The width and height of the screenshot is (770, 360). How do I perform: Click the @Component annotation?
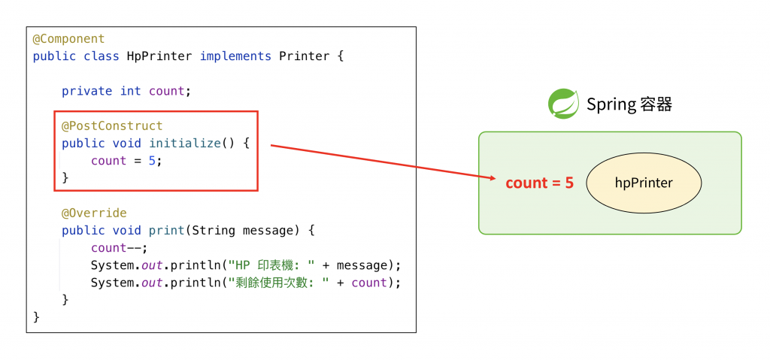[68, 39]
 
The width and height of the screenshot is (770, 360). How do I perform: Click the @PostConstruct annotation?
[112, 126]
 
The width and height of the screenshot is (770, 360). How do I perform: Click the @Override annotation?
[94, 213]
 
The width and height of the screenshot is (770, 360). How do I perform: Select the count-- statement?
[119, 248]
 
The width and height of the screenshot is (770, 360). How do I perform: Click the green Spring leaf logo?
[563, 104]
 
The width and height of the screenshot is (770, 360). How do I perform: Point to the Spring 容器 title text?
[629, 104]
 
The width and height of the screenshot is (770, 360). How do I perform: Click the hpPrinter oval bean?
[644, 183]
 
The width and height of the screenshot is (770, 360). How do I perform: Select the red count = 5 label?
[539, 183]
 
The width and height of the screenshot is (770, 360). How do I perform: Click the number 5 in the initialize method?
[152, 160]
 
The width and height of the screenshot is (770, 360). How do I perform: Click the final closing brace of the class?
[36, 317]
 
